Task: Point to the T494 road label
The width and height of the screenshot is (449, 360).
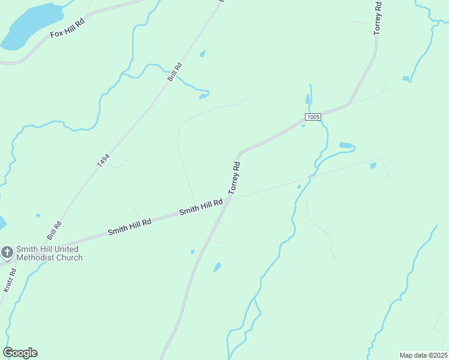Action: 104,160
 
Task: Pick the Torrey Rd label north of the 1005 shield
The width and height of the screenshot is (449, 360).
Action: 378,18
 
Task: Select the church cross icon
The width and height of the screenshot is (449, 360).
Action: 7,251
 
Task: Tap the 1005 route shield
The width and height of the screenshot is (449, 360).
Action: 313,117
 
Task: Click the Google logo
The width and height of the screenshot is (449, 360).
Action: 20,353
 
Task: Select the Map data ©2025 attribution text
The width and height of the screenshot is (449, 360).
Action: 424,355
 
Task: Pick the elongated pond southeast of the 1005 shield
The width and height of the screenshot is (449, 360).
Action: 345,145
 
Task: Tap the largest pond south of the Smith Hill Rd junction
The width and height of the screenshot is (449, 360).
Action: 217,267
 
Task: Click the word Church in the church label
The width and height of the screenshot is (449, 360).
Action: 69,258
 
